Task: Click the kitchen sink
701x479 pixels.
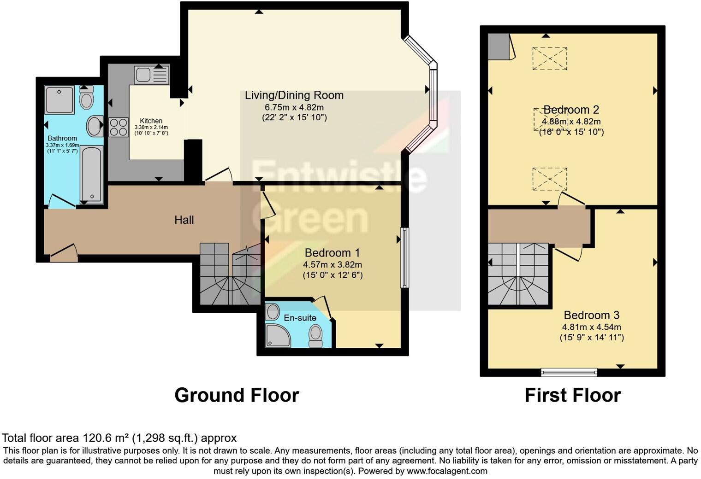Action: [152, 75]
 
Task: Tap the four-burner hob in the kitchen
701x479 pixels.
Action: [118, 127]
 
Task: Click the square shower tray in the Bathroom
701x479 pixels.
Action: [59, 99]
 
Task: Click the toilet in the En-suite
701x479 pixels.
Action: [316, 335]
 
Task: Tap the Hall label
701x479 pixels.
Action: [184, 220]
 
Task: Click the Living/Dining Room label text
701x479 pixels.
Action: [294, 95]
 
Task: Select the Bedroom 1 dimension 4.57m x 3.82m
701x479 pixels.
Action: [332, 265]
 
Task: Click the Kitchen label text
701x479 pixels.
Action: [151, 121]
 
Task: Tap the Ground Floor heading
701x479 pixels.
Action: [237, 395]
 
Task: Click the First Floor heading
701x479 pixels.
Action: [572, 395]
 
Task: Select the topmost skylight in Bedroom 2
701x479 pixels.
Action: [549, 58]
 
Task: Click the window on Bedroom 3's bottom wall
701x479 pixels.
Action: [569, 372]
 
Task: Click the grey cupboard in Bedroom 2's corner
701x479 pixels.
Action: [499, 47]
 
